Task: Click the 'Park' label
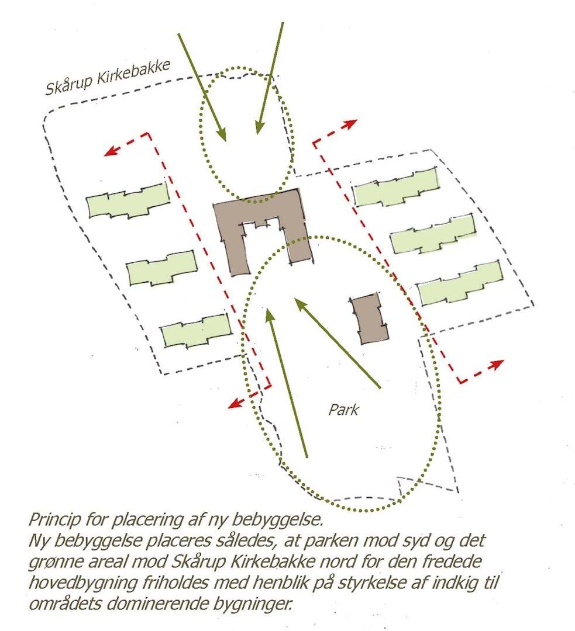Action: pyautogui.click(x=343, y=410)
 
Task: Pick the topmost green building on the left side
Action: pyautogui.click(x=128, y=201)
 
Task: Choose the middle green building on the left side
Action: pyautogui.click(x=162, y=268)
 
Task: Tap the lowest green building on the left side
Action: pyautogui.click(x=196, y=331)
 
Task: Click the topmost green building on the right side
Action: pyautogui.click(x=396, y=187)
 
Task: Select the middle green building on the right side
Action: pyautogui.click(x=433, y=234)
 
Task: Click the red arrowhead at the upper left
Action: pyautogui.click(x=111, y=151)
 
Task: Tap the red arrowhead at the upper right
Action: pyautogui.click(x=350, y=124)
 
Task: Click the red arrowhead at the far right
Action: pyautogui.click(x=497, y=365)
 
